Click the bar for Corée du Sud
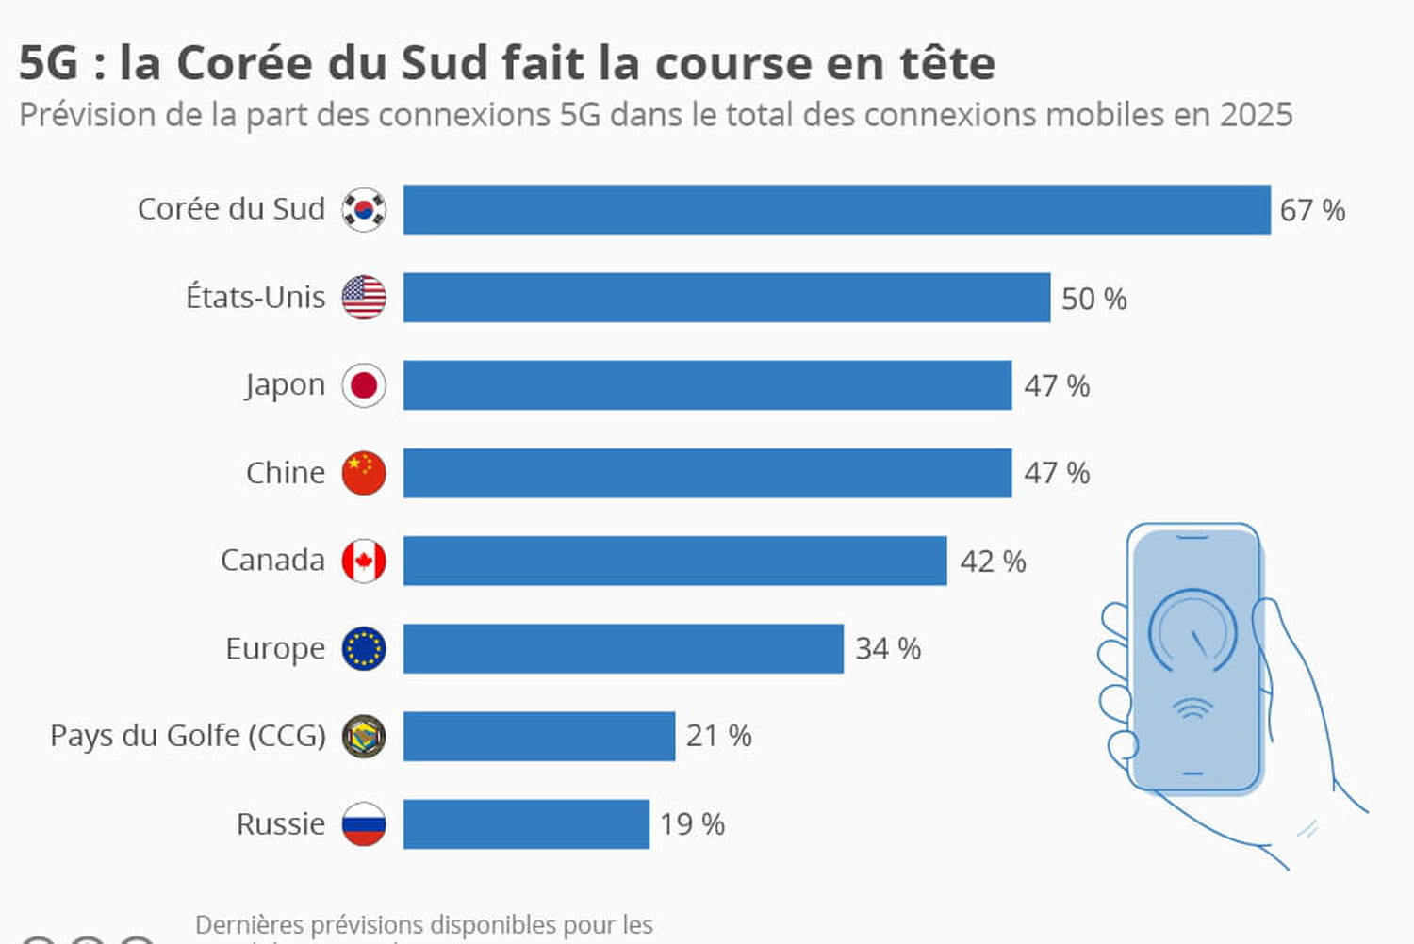point(836,209)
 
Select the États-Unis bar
point(726,298)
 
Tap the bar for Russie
point(526,824)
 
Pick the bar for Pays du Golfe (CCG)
point(538,736)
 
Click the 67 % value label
point(1311,210)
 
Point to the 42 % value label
point(993,562)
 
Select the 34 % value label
point(887,648)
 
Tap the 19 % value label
point(692,824)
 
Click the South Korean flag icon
point(364,209)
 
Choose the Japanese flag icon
point(364,385)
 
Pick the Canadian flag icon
point(364,561)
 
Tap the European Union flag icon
point(364,648)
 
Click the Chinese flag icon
point(364,473)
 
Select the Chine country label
point(285,473)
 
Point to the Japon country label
point(285,385)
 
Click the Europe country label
point(274,649)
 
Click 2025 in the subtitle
point(1256,115)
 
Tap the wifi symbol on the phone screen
point(1192,708)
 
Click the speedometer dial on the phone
point(1192,631)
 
